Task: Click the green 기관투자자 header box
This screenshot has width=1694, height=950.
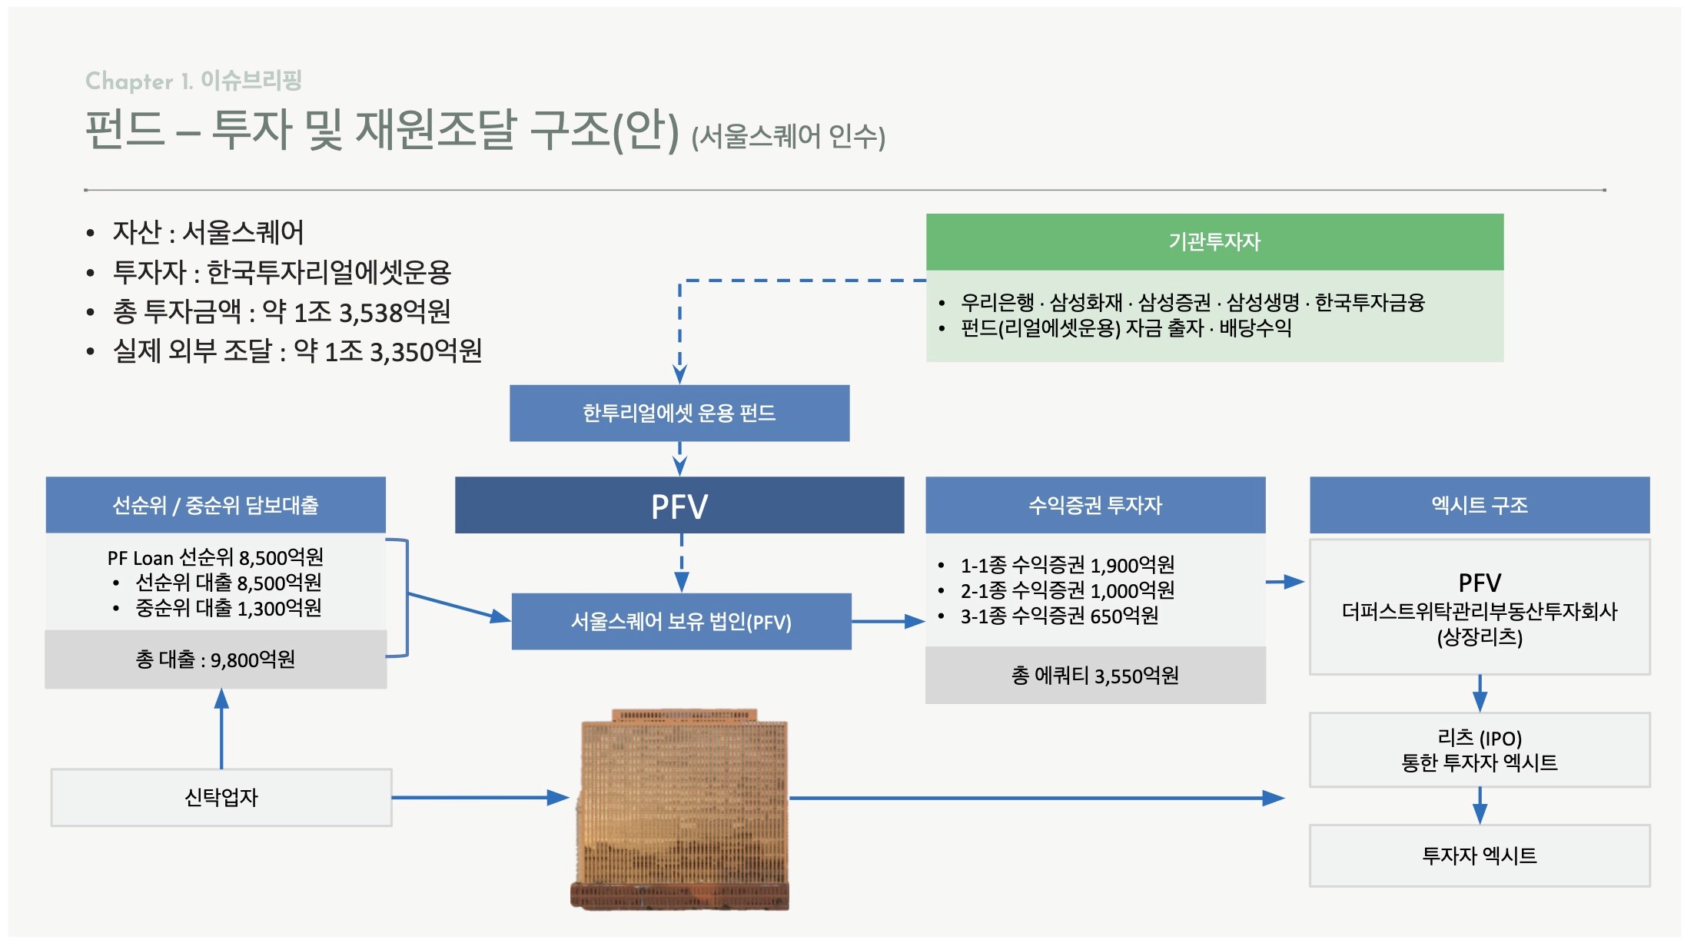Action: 1214,241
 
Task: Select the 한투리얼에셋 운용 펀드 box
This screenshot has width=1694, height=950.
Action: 679,413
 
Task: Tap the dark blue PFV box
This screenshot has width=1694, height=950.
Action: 679,505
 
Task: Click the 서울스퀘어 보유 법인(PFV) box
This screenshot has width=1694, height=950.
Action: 681,621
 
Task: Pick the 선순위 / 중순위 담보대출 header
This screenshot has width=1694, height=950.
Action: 216,505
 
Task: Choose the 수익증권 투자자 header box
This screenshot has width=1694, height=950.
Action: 1095,505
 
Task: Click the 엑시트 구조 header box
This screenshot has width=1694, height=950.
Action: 1480,505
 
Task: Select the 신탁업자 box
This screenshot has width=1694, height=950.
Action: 221,798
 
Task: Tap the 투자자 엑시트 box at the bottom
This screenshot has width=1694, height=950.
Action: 1480,855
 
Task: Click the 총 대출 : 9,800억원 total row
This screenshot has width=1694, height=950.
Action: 216,659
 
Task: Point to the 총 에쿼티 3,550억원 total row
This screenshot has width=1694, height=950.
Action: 1095,676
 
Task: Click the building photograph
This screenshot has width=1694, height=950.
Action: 680,809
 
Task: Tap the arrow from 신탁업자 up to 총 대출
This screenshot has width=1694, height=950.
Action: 221,729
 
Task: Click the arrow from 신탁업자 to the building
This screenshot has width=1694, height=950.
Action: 480,798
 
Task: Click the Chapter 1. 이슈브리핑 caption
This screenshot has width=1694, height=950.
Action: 194,80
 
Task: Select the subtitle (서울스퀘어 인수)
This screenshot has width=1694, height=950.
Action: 789,137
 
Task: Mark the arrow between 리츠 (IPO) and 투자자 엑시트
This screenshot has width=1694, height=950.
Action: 1480,806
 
